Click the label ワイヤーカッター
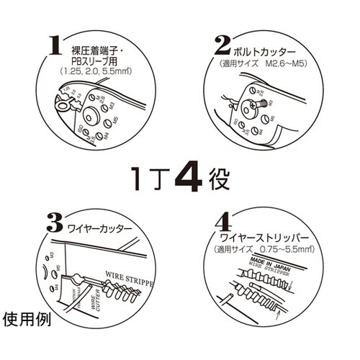[99, 228]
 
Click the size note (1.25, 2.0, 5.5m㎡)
[92, 73]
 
